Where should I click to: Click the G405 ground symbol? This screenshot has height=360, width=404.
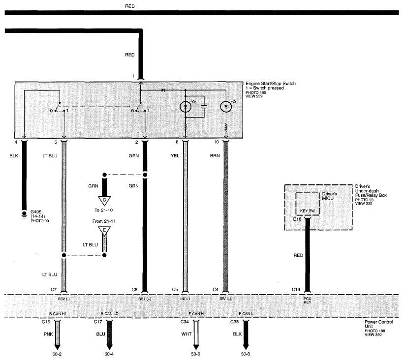[24, 214]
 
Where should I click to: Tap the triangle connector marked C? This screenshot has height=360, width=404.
[104, 201]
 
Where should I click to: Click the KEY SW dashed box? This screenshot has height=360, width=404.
[308, 204]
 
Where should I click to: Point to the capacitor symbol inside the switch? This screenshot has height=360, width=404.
[204, 106]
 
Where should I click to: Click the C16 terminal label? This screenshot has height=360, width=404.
[46, 322]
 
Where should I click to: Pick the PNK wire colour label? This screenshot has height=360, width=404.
[48, 334]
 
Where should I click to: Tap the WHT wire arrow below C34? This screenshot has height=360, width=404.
[196, 335]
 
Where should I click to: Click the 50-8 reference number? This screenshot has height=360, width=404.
[245, 354]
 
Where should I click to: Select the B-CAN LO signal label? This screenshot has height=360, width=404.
[109, 314]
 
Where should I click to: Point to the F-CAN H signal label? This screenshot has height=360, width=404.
[196, 314]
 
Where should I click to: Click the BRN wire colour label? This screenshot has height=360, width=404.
[215, 156]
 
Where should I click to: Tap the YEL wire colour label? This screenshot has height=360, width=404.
[175, 156]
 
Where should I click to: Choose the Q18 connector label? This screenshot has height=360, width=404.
[297, 219]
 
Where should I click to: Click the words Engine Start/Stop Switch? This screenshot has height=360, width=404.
[271, 84]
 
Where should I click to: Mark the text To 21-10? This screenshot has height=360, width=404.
[103, 210]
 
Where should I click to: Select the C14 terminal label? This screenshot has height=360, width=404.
[296, 290]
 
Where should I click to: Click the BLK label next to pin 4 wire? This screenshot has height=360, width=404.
[14, 156]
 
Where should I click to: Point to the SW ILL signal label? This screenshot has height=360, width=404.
[225, 299]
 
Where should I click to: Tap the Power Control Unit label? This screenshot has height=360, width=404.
[378, 324]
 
